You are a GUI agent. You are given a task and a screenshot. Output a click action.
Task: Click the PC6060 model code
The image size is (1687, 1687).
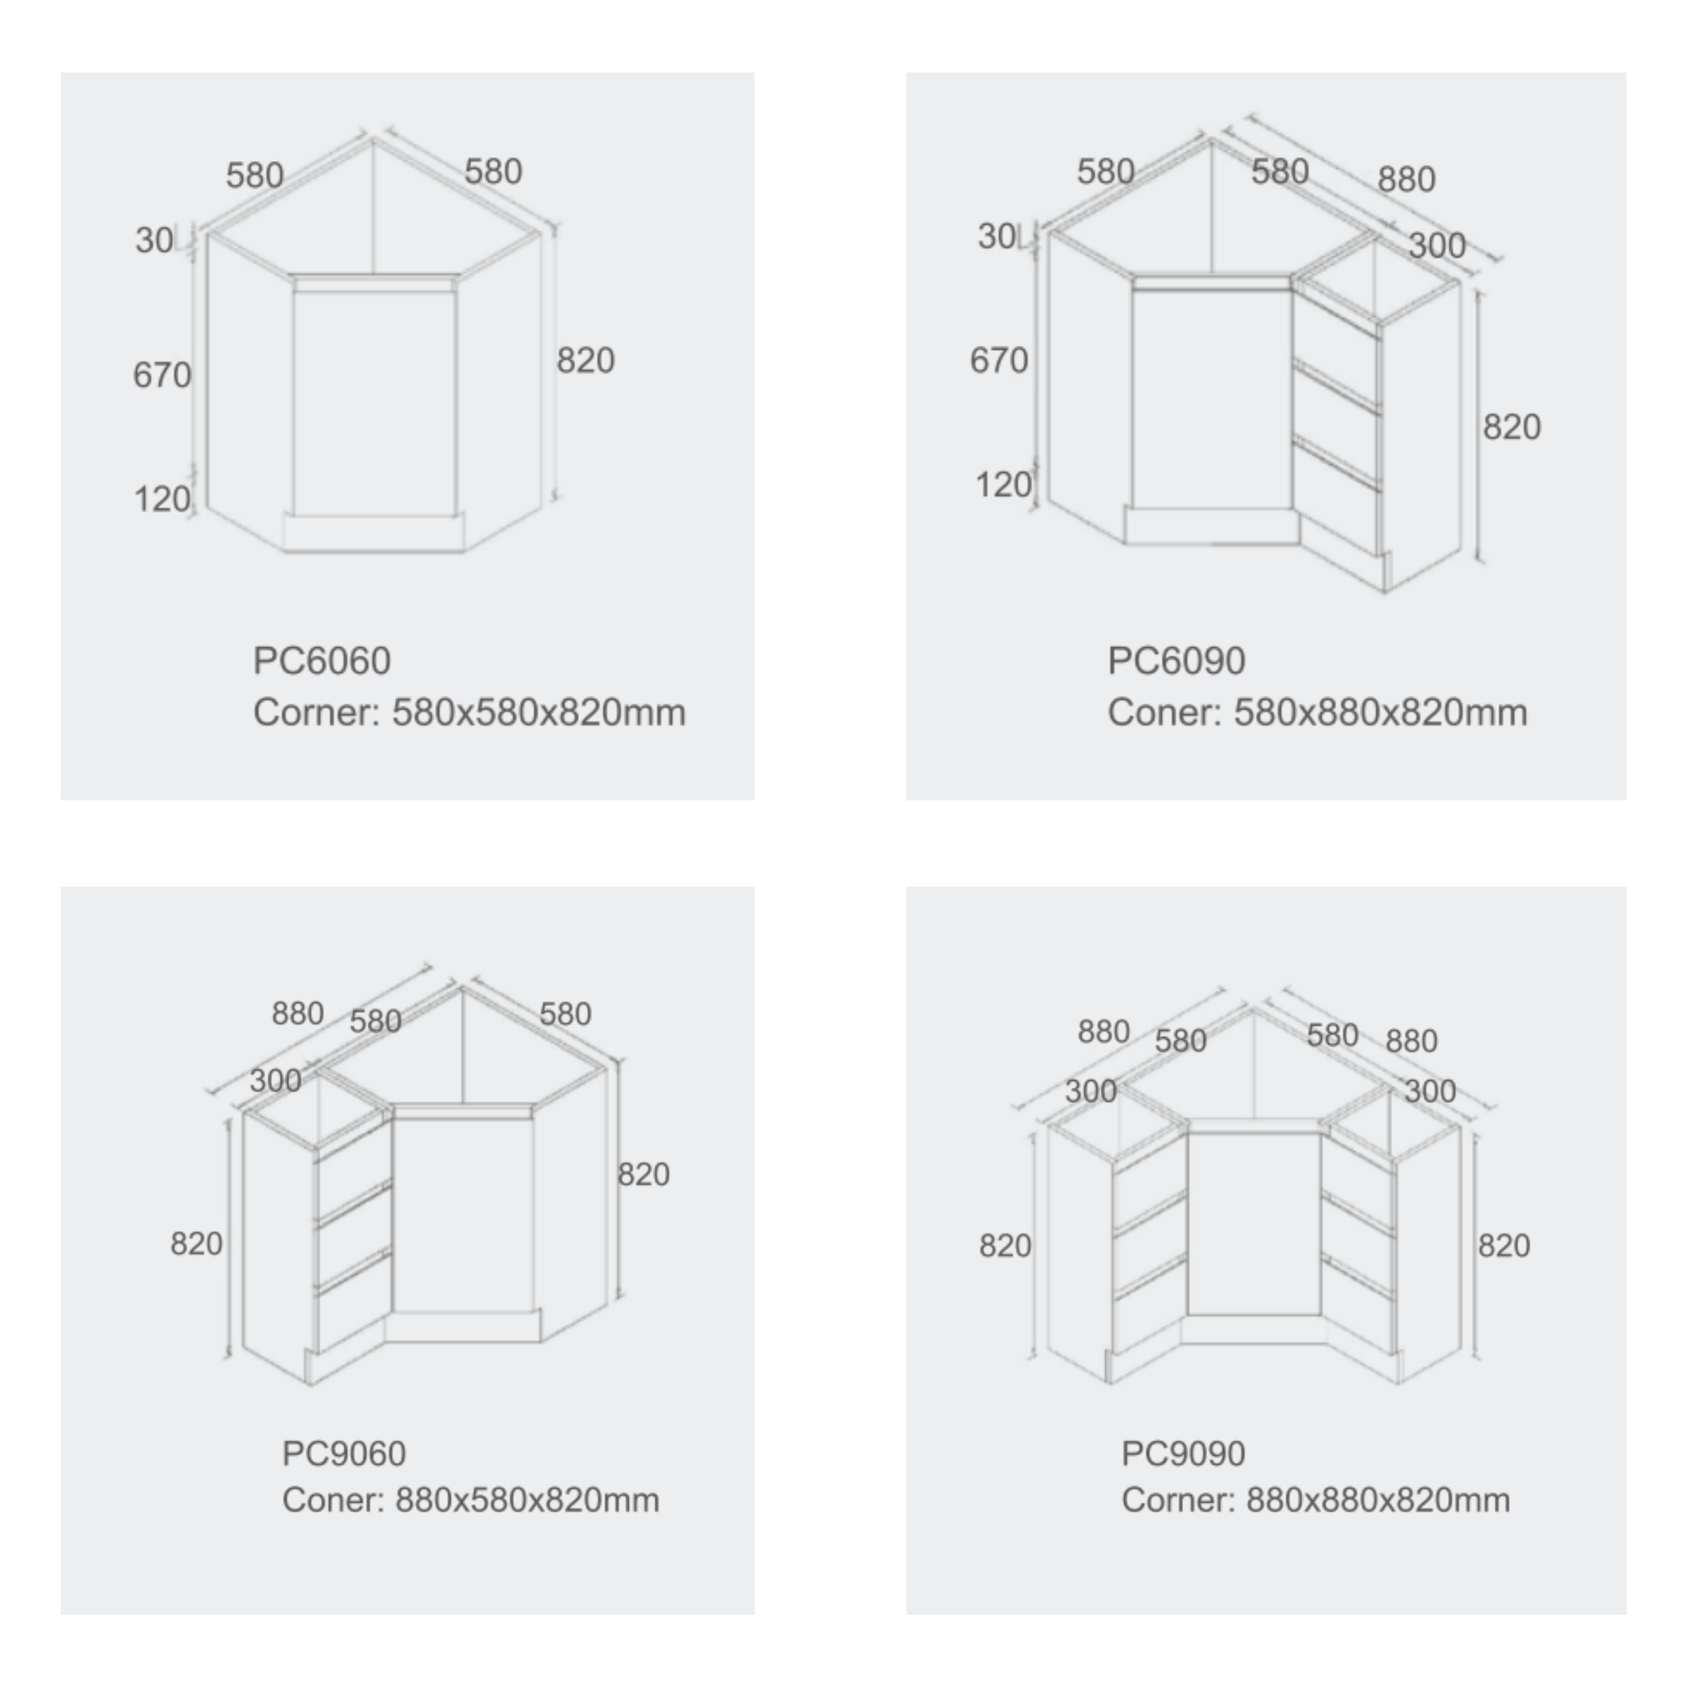click(321, 661)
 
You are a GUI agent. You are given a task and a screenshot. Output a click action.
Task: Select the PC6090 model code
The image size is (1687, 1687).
click(1176, 661)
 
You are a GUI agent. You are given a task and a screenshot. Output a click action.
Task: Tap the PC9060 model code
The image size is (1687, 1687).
click(344, 1454)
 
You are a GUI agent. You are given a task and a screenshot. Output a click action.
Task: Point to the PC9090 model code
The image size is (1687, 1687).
click(1183, 1454)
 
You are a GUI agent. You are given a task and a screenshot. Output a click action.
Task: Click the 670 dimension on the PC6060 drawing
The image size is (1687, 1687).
click(162, 376)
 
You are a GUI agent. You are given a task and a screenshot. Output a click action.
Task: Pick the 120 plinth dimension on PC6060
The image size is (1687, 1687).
click(162, 500)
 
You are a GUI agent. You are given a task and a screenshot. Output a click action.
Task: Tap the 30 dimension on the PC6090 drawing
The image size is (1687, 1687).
click(997, 237)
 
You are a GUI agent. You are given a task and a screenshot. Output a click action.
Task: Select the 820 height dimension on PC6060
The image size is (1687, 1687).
click(585, 361)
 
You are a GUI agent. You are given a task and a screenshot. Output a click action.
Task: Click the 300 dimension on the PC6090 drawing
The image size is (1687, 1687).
click(1436, 245)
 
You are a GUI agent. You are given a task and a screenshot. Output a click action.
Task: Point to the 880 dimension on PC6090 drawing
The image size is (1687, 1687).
click(1406, 180)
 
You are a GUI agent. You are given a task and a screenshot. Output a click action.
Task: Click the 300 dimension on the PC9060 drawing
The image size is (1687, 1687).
click(275, 1081)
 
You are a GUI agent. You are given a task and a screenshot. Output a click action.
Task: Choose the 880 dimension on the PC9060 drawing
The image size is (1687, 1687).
click(297, 1014)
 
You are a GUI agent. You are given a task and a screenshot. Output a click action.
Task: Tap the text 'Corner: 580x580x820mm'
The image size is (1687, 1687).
click(469, 713)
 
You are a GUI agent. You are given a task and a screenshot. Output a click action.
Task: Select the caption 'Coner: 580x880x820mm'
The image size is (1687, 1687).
click(1317, 713)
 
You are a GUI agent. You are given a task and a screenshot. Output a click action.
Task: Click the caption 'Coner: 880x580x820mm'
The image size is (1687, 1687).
click(470, 1500)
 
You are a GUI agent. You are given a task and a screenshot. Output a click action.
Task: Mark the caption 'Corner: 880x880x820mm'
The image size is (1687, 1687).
click(1315, 1500)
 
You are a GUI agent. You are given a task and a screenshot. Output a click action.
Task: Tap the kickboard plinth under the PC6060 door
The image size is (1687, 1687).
click(374, 532)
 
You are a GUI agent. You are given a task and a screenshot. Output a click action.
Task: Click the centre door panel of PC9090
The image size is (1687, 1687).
click(1254, 1223)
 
